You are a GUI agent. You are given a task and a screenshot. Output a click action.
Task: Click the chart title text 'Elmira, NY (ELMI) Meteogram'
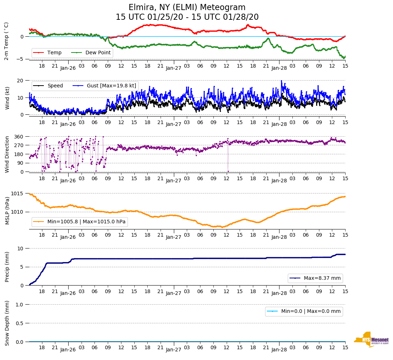pos(187,8)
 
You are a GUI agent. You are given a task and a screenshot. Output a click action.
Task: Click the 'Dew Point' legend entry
pos(98,53)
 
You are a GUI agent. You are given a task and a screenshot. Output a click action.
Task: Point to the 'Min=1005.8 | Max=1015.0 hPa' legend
pos(86,222)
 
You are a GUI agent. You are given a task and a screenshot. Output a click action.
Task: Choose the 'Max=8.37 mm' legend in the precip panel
pos(322,278)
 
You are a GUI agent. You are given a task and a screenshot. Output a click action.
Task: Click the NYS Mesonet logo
pos(371,340)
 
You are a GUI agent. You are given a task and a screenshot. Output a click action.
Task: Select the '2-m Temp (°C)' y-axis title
pos(6,41)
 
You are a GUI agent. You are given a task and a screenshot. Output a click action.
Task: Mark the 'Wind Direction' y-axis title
pos(7,154)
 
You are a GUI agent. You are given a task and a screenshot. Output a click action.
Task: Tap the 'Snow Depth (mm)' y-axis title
pos(7,323)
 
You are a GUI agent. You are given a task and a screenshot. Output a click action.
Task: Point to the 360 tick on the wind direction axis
pos(19,137)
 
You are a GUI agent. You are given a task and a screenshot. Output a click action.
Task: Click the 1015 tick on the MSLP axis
pos(18,194)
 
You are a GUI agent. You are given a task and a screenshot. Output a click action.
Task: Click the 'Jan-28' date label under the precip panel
pos(279,293)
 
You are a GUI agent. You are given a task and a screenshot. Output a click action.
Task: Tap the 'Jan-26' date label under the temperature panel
pos(68,67)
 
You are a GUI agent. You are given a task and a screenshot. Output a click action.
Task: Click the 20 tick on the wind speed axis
pos(20,81)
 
